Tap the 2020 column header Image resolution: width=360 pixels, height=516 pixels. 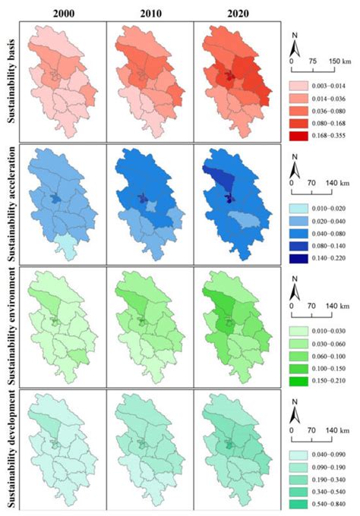click(231, 12)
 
